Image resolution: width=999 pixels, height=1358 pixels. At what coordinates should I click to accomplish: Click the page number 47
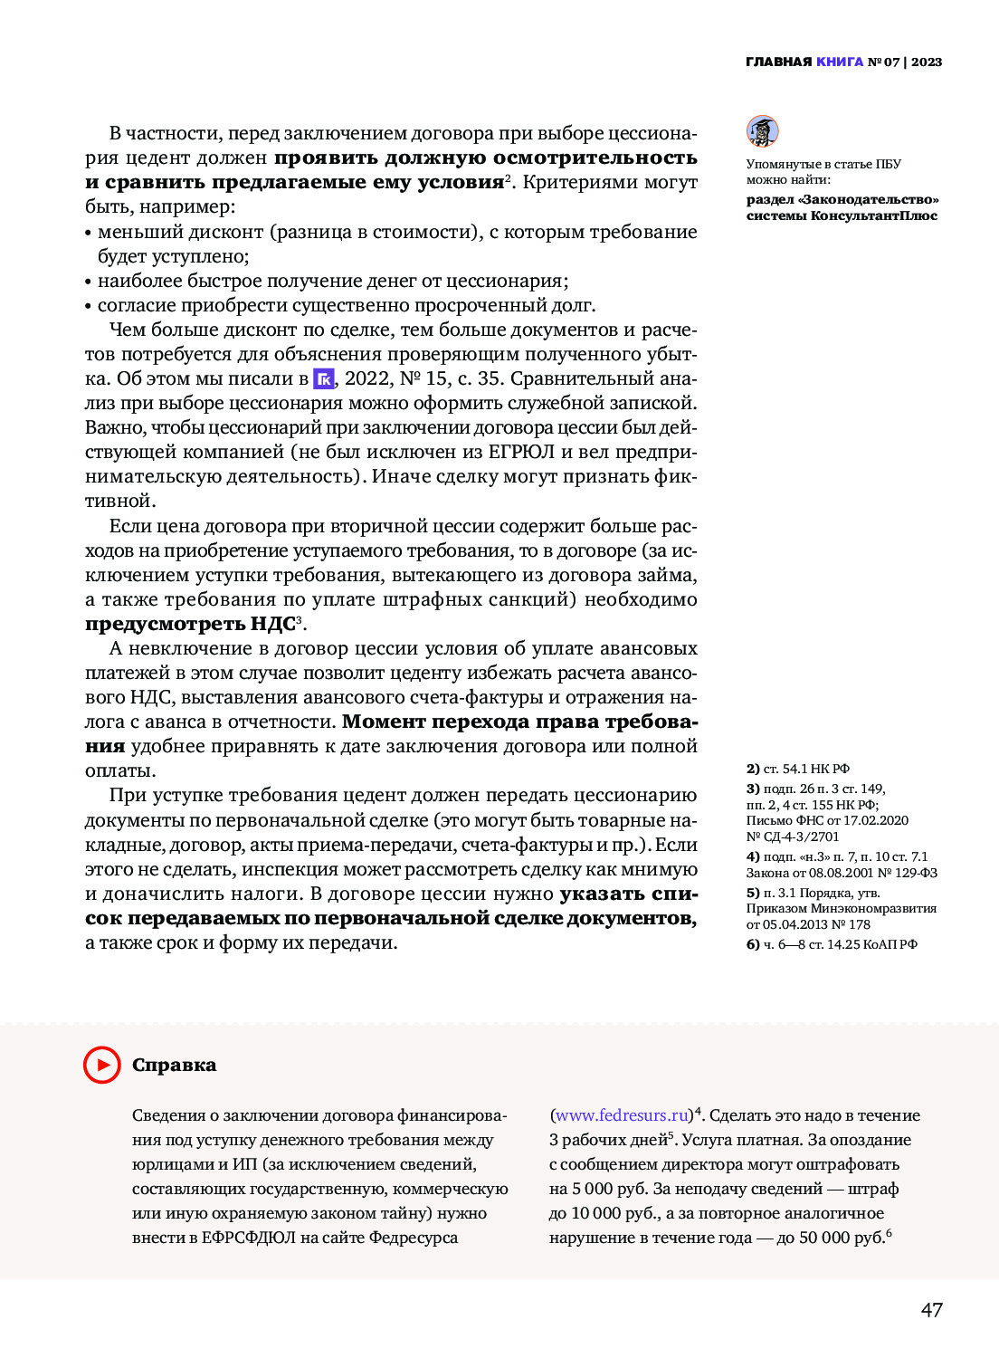coord(931,1309)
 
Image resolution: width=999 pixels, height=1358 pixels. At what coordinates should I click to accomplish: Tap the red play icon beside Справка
coord(102,1065)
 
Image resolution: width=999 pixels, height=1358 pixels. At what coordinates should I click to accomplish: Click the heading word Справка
coord(174,1065)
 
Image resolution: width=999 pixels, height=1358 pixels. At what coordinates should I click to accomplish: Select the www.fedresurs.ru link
coord(622,1115)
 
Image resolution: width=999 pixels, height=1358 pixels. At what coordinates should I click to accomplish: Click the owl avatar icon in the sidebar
coord(763,131)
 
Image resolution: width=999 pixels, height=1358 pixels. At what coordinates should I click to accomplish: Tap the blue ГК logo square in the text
coord(323,379)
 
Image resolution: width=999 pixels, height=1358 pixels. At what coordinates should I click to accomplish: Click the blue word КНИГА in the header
coord(839,62)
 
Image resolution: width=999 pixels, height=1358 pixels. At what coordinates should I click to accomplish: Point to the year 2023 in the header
coord(927,62)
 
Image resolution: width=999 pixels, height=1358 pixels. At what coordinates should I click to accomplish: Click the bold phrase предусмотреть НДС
coord(190,624)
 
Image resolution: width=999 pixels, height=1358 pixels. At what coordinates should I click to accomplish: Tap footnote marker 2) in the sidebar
coord(753,769)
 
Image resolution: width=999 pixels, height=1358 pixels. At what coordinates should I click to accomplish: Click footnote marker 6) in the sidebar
coord(753,944)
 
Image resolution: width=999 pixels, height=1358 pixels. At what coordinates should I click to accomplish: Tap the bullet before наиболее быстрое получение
coord(89,282)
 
